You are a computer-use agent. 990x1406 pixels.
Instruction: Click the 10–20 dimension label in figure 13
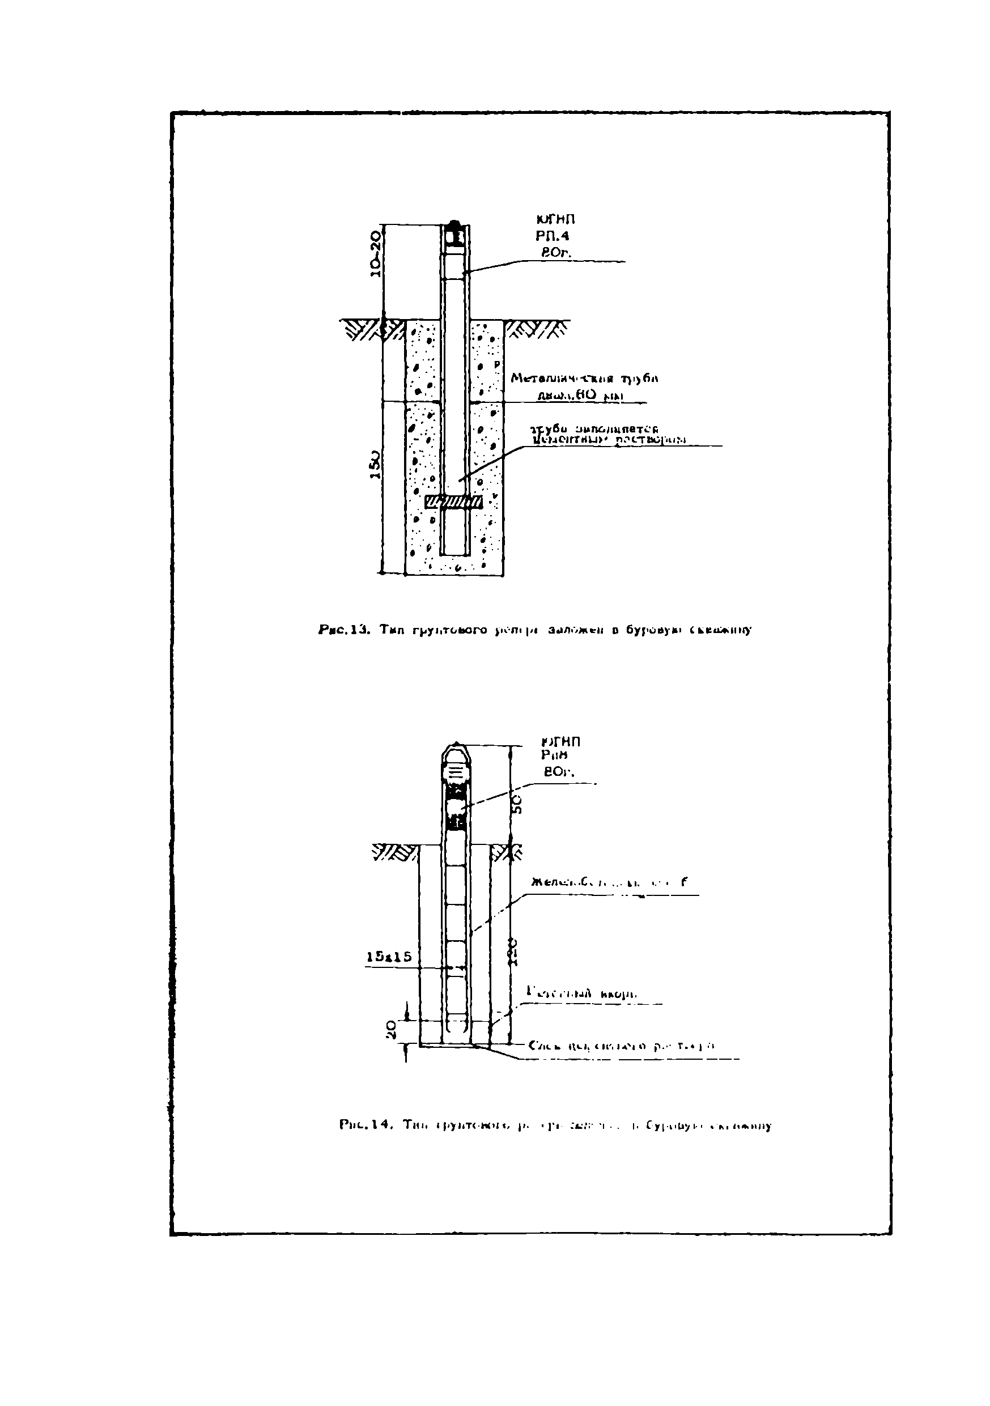pyautogui.click(x=375, y=253)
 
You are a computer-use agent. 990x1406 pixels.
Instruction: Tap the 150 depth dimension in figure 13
pyautogui.click(x=375, y=466)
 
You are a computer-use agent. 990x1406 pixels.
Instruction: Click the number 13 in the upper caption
pyautogui.click(x=358, y=629)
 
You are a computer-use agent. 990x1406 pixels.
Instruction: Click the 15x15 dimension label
pyautogui.click(x=389, y=957)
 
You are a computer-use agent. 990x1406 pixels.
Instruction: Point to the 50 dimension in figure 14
pyautogui.click(x=517, y=804)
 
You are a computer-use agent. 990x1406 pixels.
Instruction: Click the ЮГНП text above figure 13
pyautogui.click(x=555, y=219)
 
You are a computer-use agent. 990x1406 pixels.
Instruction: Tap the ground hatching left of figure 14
pyautogui.click(x=394, y=852)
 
